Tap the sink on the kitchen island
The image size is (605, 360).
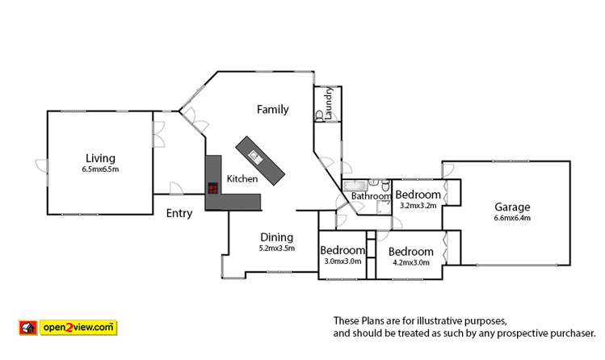tap(255, 154)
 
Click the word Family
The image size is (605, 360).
tap(273, 109)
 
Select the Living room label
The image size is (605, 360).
tap(100, 158)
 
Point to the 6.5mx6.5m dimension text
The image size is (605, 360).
tap(100, 170)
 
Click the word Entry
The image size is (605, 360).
tap(179, 214)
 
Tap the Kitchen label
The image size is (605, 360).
tap(242, 179)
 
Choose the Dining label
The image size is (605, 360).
tap(276, 237)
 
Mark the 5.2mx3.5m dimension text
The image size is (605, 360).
tap(277, 248)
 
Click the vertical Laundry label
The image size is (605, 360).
tap(330, 103)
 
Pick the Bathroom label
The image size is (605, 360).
tap(371, 196)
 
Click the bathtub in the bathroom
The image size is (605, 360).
tap(356, 186)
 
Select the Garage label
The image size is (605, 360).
tap(512, 207)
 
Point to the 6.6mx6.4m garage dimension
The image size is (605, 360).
tap(512, 218)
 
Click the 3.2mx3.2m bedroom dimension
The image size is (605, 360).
tap(418, 206)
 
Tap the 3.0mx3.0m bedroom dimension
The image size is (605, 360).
tap(342, 262)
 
